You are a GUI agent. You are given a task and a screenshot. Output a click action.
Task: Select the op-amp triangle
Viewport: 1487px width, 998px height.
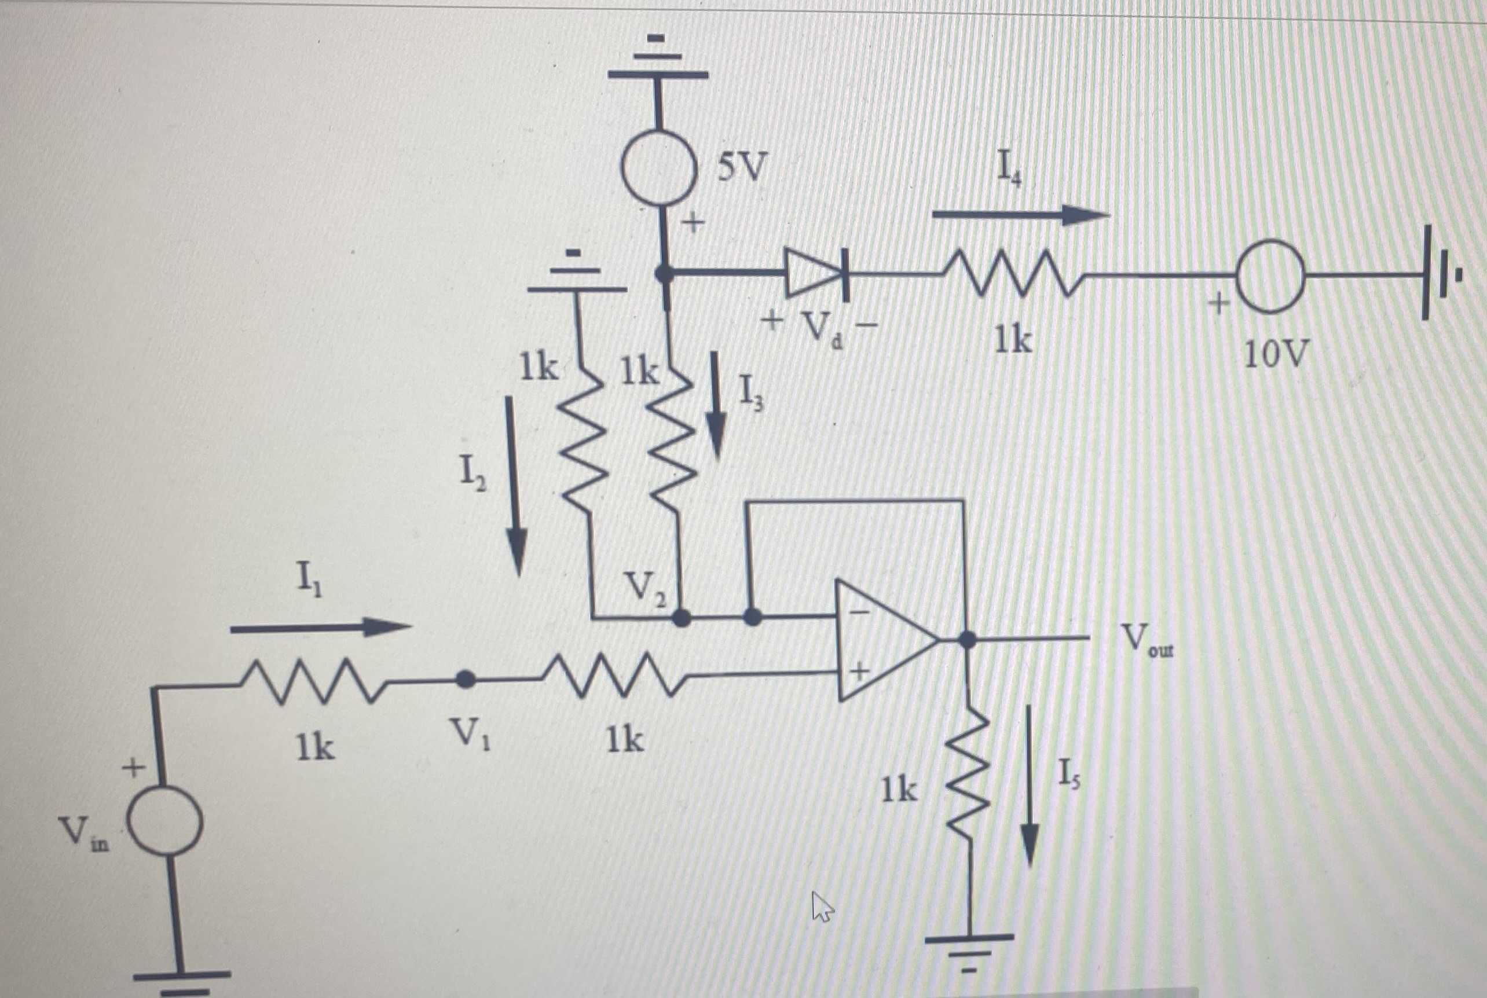click(x=885, y=640)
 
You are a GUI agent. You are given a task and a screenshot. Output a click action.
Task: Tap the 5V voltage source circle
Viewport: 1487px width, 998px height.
click(x=658, y=168)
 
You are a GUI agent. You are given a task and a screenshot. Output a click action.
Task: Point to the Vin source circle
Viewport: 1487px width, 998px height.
click(x=166, y=820)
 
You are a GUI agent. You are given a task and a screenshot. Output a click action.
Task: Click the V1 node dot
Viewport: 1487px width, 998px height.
click(x=466, y=679)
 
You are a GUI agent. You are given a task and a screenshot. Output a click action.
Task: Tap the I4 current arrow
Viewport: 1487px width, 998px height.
click(x=1020, y=215)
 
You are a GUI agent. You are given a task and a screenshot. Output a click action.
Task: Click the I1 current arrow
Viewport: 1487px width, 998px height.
click(x=320, y=628)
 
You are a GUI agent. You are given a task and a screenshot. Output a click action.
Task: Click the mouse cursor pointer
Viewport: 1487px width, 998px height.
click(x=822, y=907)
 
